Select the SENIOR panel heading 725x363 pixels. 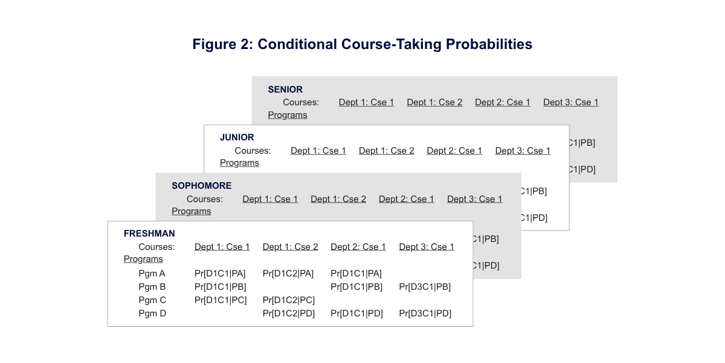[285, 90]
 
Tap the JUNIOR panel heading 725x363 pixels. [237, 137]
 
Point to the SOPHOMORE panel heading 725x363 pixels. [201, 186]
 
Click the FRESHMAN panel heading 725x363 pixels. [149, 234]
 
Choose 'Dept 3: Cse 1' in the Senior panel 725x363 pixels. [570, 102]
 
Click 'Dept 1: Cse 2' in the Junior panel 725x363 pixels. [386, 151]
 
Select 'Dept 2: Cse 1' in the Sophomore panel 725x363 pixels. [406, 199]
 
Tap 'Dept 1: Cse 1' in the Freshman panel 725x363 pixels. [222, 247]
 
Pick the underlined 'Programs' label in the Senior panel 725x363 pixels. [288, 115]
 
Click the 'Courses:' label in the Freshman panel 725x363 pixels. [156, 247]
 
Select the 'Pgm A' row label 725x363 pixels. [152, 273]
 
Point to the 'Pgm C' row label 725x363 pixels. [152, 300]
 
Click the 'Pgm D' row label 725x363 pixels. [152, 313]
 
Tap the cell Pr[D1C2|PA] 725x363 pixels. [288, 273]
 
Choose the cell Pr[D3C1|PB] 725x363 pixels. [425, 287]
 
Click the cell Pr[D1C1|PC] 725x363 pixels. [221, 300]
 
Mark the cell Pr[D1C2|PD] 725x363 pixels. [288, 313]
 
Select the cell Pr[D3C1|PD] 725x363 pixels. [425, 313]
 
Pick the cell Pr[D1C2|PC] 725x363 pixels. [288, 300]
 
